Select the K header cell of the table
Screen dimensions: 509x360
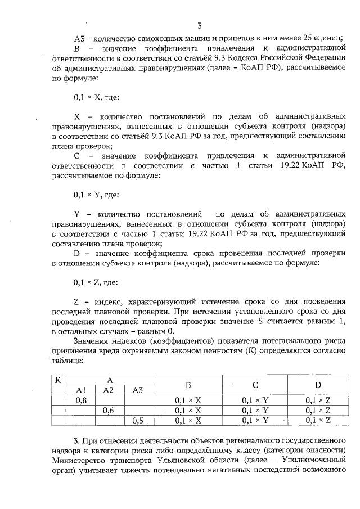57,380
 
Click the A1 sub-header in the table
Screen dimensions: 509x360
80,390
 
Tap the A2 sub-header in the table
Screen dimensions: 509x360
109,390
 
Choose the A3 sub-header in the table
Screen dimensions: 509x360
138,390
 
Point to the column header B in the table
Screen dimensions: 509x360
188,385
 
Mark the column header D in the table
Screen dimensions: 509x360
317,385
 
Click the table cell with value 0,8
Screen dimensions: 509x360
80,400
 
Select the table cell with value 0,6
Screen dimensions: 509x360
109,411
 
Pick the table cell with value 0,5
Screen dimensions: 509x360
138,420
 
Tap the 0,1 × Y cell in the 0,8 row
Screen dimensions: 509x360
255,400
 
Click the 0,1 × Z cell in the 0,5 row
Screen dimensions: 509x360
317,420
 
